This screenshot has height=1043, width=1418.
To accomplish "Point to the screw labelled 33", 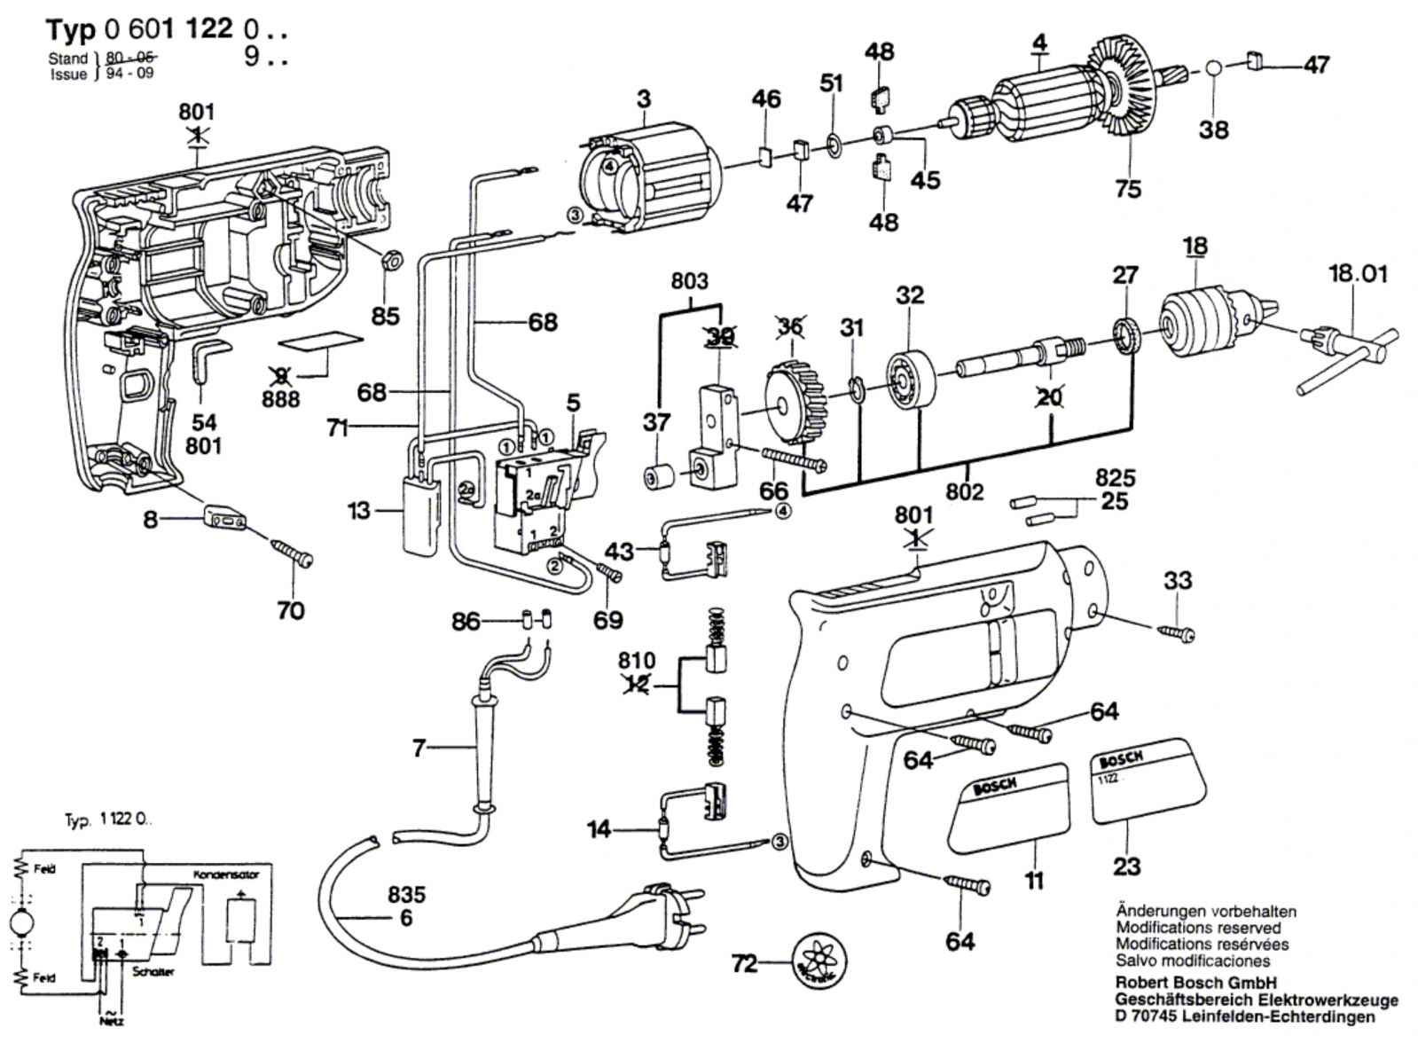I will [1176, 631].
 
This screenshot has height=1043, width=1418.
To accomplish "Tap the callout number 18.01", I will [1357, 274].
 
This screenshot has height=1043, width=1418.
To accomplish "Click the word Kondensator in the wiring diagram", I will [226, 874].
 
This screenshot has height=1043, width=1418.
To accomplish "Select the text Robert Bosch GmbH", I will [1195, 983].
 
